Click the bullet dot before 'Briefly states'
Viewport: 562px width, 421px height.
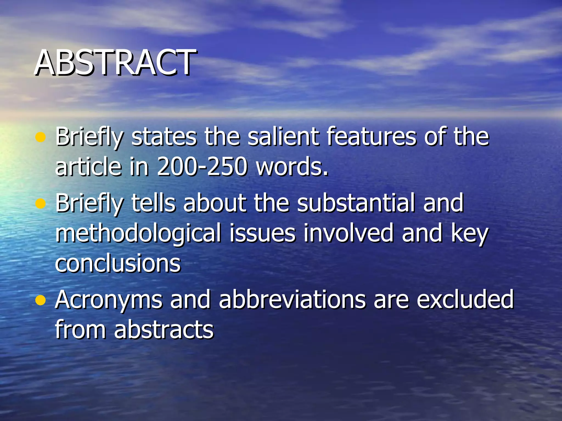(40, 137)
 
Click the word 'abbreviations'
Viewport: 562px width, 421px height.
(292, 299)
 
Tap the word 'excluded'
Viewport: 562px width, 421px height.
(465, 299)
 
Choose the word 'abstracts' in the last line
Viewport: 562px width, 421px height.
(164, 329)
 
